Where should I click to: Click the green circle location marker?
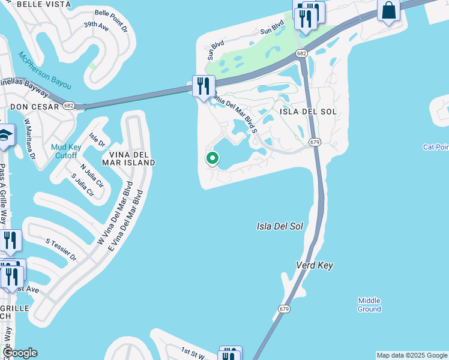coord(212,158)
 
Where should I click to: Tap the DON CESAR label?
coord(34,107)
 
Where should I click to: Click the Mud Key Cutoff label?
coord(64,151)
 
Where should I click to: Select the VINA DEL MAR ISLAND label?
coord(128,158)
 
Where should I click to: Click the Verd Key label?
coord(314,265)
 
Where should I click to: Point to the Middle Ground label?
coord(369,305)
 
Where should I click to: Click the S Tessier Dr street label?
coord(61,249)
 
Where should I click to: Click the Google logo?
coord(19,353)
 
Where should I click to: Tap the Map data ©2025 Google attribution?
coord(412,355)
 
